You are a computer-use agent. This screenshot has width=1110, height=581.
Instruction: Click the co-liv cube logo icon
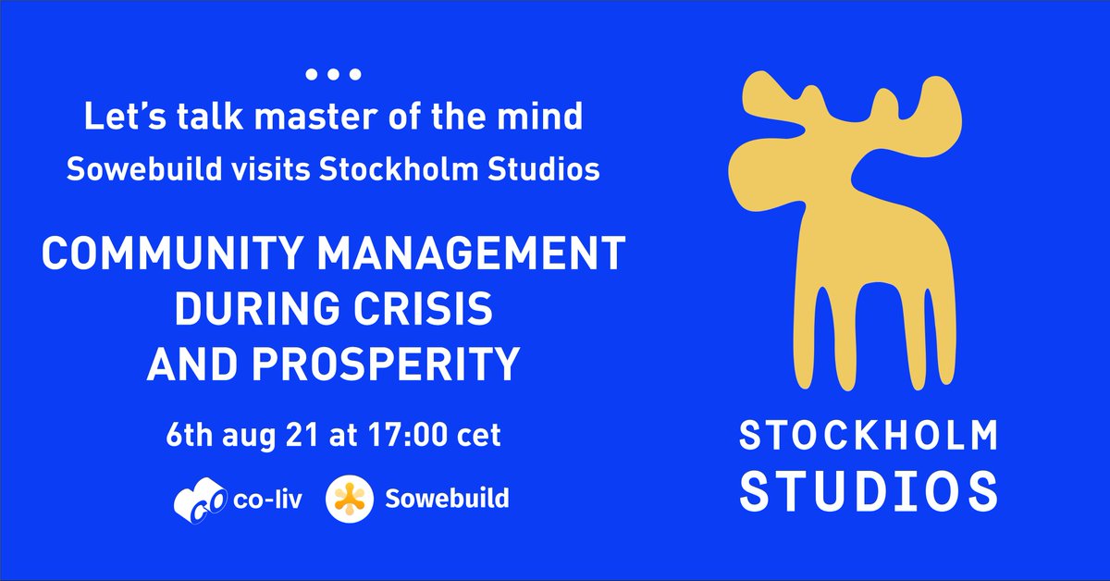(194, 500)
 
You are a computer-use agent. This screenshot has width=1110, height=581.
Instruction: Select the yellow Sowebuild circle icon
(350, 500)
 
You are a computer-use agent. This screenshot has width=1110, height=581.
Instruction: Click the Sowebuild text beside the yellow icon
(446, 500)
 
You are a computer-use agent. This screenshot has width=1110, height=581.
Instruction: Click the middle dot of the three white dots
(333, 73)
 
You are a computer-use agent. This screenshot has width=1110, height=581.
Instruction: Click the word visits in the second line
(276, 170)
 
